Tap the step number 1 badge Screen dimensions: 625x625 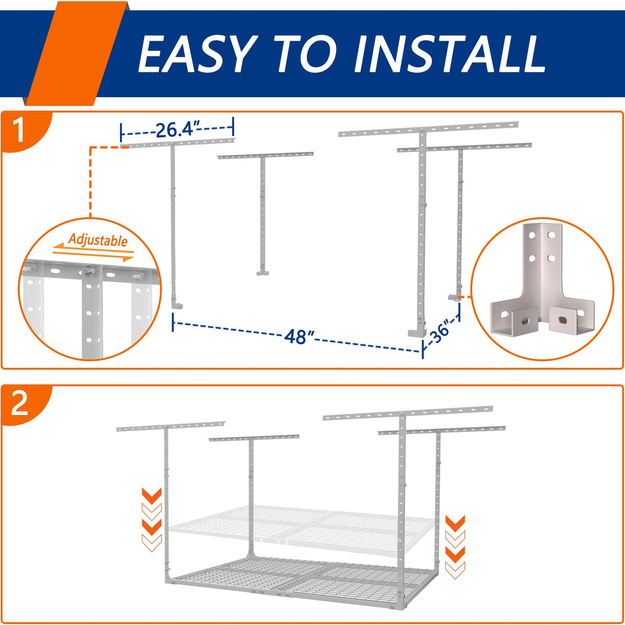(20, 130)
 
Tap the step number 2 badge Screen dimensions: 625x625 (20, 404)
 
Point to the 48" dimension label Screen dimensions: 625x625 (299, 337)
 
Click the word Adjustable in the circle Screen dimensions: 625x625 (98, 240)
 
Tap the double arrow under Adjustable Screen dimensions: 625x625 (94, 252)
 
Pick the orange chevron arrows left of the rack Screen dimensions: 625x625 (152, 520)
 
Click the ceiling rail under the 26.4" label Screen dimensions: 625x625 (178, 143)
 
